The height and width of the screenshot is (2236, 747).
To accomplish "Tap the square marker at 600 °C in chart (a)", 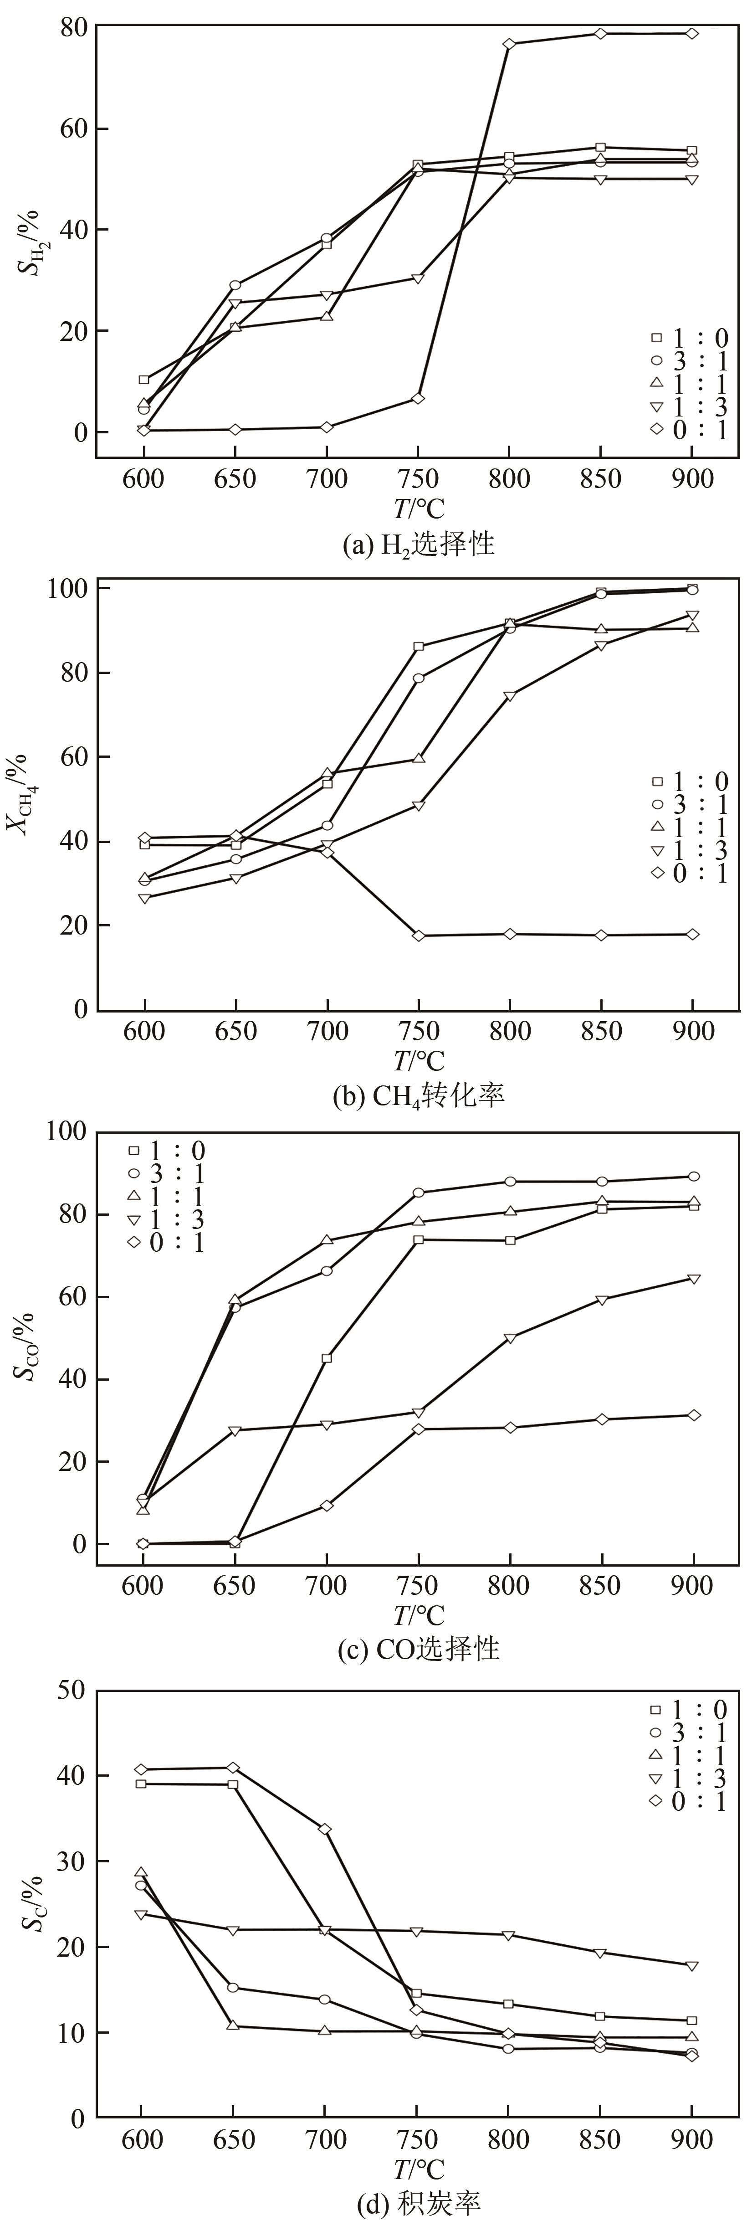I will coord(144,379).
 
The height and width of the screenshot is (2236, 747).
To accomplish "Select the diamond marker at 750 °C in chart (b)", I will coord(418,936).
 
